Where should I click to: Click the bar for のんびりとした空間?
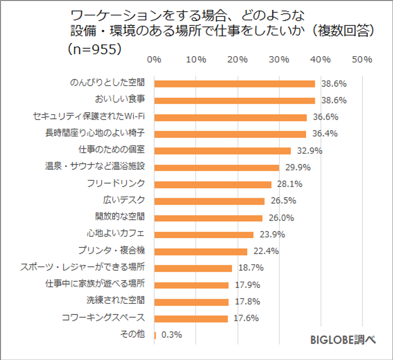234,84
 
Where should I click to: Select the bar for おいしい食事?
234,101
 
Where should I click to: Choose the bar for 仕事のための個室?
222,151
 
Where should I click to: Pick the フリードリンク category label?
116,184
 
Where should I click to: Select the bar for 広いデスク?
209,201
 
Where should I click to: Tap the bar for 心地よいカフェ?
204,235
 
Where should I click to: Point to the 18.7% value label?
251,268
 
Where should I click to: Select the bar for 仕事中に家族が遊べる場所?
191,285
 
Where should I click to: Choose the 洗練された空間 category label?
116,302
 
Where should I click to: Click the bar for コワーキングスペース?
191,319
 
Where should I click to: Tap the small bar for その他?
155,335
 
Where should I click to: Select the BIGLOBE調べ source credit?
343,340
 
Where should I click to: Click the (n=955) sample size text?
94,49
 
